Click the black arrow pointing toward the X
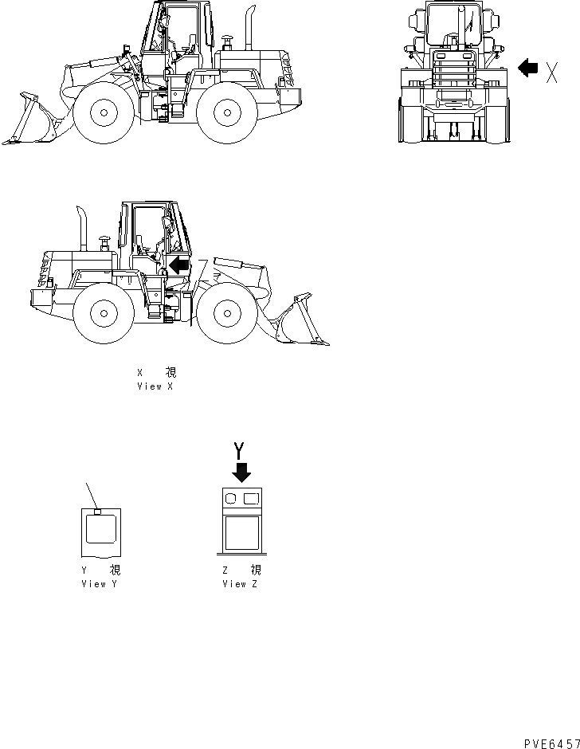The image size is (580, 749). [x=528, y=69]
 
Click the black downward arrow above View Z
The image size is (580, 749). [x=241, y=472]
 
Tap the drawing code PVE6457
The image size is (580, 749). [x=551, y=741]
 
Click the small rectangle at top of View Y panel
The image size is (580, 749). [x=97, y=512]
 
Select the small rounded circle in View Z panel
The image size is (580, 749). [x=231, y=498]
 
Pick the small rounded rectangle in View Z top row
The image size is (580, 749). [x=251, y=498]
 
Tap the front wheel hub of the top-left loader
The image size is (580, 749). [x=101, y=112]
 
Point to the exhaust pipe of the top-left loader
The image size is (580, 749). [x=248, y=28]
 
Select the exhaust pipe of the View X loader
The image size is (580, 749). [x=82, y=227]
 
